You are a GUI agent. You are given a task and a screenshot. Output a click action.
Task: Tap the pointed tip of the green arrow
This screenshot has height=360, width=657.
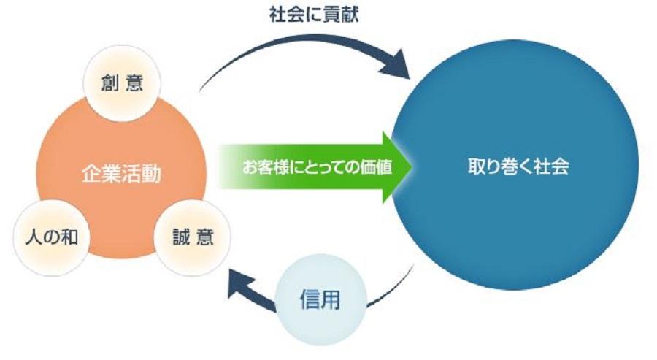point(410,166)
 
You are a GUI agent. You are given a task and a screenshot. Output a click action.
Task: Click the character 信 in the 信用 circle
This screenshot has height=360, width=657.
point(309,300)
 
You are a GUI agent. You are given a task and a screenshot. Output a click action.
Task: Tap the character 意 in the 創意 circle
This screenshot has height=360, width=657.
point(134,83)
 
